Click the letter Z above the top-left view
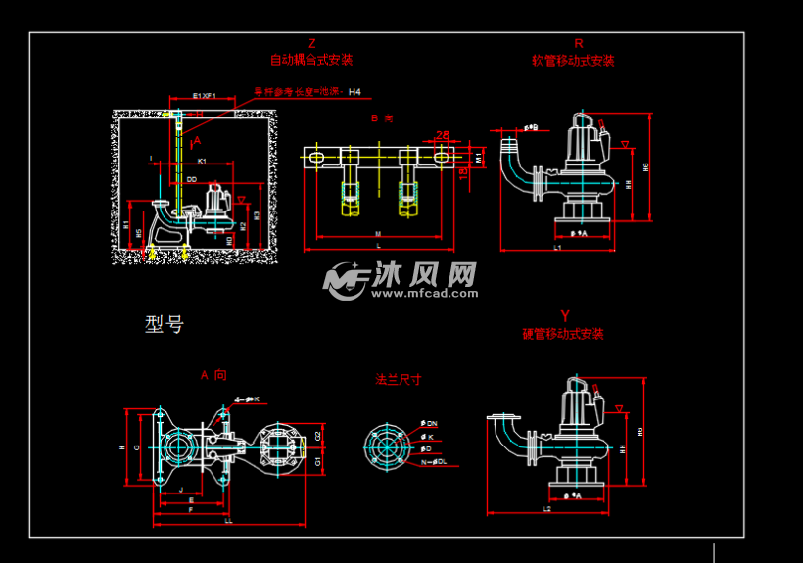pyautogui.click(x=311, y=43)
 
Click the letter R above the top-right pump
pyautogui.click(x=579, y=43)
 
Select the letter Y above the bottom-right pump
pyautogui.click(x=564, y=315)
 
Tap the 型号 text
pyautogui.click(x=164, y=324)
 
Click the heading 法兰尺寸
pyautogui.click(x=399, y=379)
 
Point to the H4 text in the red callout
pyautogui.click(x=354, y=92)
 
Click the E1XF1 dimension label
pyautogui.click(x=204, y=96)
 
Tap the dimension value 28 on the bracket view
pyautogui.click(x=443, y=135)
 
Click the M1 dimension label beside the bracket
pyautogui.click(x=479, y=157)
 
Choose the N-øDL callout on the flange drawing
pyautogui.click(x=433, y=460)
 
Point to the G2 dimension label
pyautogui.click(x=318, y=436)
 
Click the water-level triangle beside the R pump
pyautogui.click(x=626, y=146)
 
